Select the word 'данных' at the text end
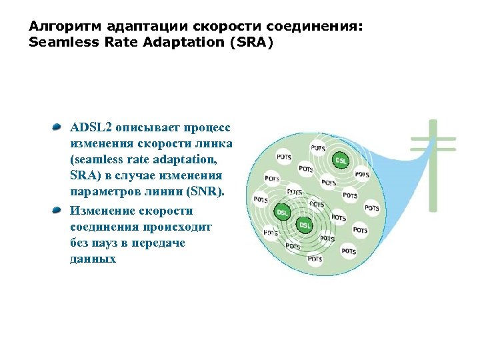click(93, 259)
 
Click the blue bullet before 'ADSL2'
click(58, 127)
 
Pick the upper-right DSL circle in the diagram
click(341, 161)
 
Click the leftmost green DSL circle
click(283, 211)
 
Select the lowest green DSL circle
click(305, 225)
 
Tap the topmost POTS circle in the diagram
click(319, 147)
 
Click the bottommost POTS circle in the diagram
click(314, 259)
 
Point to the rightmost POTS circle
click(372, 208)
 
